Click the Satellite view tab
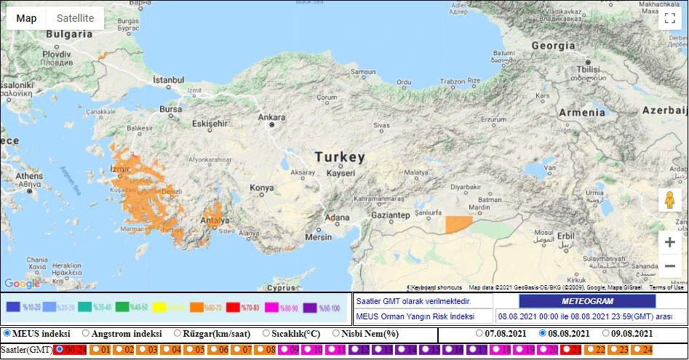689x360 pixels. pyautogui.click(x=75, y=18)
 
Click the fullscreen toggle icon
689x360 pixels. pyautogui.click(x=669, y=18)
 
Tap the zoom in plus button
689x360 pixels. pyautogui.click(x=669, y=242)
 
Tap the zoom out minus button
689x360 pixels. pyautogui.click(x=669, y=266)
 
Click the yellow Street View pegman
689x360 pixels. pyautogui.click(x=669, y=200)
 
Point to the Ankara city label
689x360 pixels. pyautogui.click(x=271, y=117)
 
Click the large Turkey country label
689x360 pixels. pyautogui.click(x=339, y=158)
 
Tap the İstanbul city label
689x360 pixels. pyautogui.click(x=168, y=79)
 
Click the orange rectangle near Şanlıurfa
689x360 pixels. pyautogui.click(x=458, y=224)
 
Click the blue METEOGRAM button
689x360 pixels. pyautogui.click(x=587, y=301)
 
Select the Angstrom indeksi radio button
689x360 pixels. pyautogui.click(x=86, y=334)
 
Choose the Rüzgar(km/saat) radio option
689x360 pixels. pyautogui.click(x=178, y=334)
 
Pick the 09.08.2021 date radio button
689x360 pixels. pyautogui.click(x=605, y=334)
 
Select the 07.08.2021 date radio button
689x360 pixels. pyautogui.click(x=479, y=334)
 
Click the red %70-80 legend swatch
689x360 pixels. pyautogui.click(x=234, y=307)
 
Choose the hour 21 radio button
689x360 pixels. pyautogui.click(x=565, y=350)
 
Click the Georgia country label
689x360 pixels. pyautogui.click(x=552, y=45)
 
